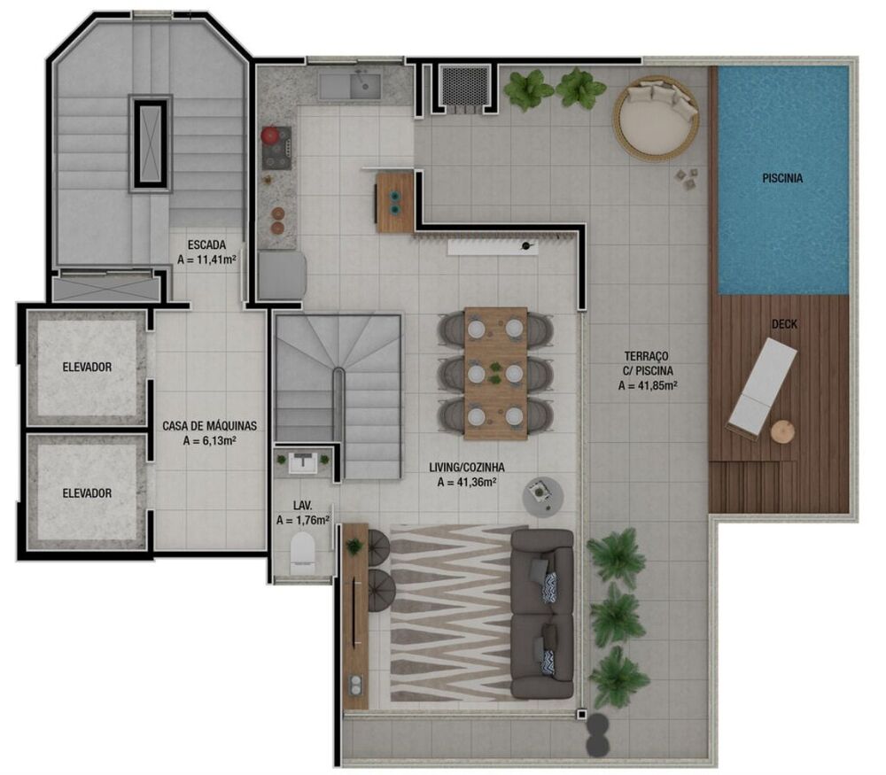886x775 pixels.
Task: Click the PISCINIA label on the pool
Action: click(782, 178)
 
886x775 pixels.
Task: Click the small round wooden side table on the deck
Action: click(782, 431)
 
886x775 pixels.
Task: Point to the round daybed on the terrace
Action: click(657, 118)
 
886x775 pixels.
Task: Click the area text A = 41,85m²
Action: click(648, 385)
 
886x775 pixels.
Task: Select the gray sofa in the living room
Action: click(541, 613)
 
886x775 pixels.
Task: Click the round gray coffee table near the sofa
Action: click(541, 496)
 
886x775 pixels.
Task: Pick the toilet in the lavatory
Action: click(302, 553)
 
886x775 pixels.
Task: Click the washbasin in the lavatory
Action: click(302, 461)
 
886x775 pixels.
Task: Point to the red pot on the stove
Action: click(272, 136)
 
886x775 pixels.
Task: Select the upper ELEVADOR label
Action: click(87, 367)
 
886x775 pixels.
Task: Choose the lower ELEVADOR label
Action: click(87, 493)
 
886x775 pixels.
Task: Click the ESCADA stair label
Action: click(206, 244)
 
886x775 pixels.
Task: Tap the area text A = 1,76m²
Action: click(302, 521)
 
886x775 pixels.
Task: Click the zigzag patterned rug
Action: click(449, 613)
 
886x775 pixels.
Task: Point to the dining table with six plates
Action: click(495, 373)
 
